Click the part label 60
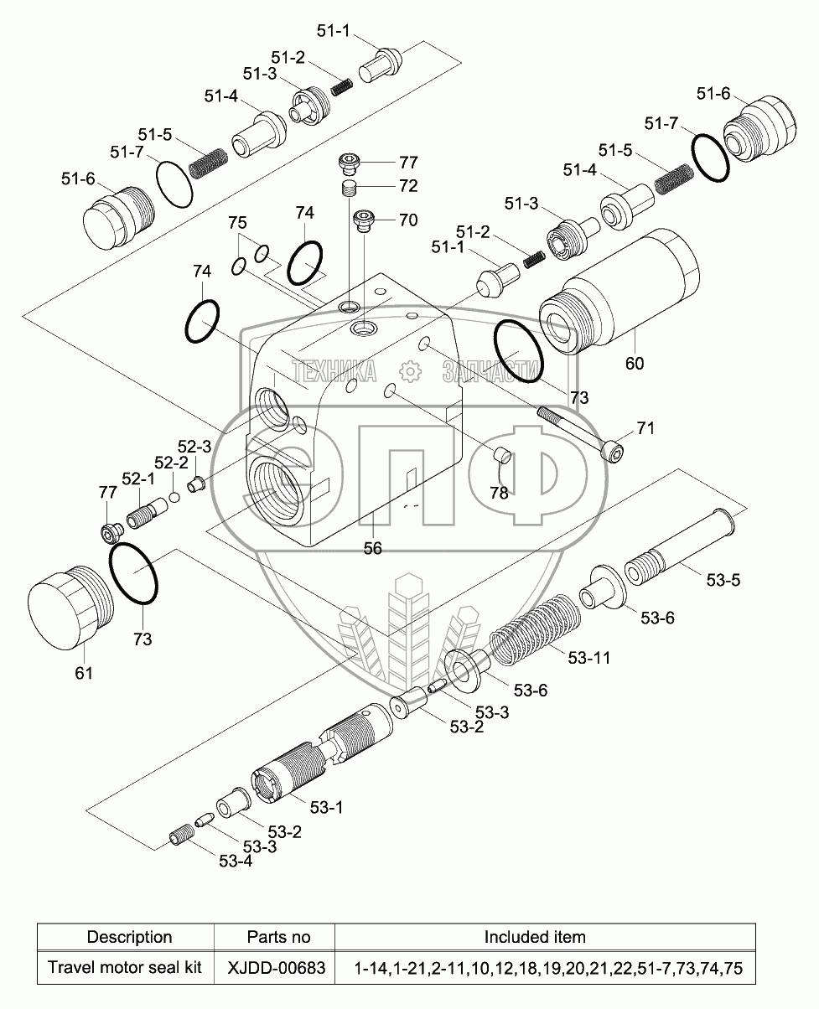pyautogui.click(x=634, y=363)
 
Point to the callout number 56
pyautogui.click(x=371, y=548)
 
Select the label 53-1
pyautogui.click(x=327, y=807)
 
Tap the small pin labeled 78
pyautogui.click(x=503, y=456)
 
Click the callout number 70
pyautogui.click(x=407, y=220)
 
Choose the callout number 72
pyautogui.click(x=407, y=185)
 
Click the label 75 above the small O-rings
pyautogui.click(x=238, y=223)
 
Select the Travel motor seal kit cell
pyautogui.click(x=125, y=968)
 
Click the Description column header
pyautogui.click(x=129, y=937)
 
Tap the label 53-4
pyautogui.click(x=236, y=861)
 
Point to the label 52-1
pyautogui.click(x=138, y=478)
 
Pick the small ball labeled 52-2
pyautogui.click(x=175, y=497)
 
